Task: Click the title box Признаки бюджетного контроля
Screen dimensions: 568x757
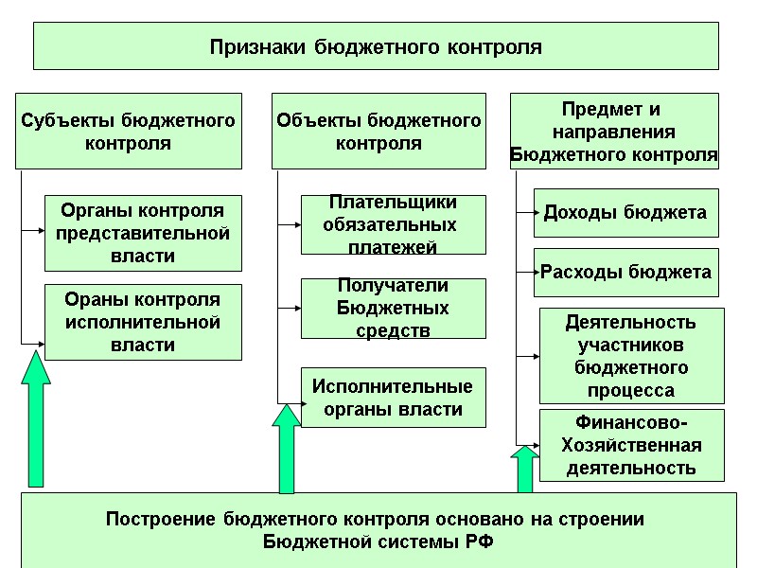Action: (376, 46)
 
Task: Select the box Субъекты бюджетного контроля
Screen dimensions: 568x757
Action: (128, 132)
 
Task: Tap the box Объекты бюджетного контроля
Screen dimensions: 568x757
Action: (378, 132)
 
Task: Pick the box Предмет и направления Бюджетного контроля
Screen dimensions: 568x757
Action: (614, 132)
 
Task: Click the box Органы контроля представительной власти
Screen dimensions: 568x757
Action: (143, 233)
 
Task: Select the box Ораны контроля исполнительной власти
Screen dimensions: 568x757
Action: (143, 322)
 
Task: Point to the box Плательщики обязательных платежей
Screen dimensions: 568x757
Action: (393, 224)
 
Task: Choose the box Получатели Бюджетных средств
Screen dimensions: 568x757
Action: (393, 309)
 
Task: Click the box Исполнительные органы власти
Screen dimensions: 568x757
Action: (393, 398)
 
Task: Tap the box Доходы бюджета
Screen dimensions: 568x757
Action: (625, 212)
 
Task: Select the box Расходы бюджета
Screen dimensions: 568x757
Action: (625, 273)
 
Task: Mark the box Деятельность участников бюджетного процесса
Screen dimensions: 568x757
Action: (631, 356)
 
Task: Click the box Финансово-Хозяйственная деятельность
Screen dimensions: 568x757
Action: (631, 444)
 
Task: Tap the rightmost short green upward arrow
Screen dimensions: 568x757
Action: (524, 469)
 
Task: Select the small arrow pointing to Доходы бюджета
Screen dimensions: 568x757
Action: (525, 213)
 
